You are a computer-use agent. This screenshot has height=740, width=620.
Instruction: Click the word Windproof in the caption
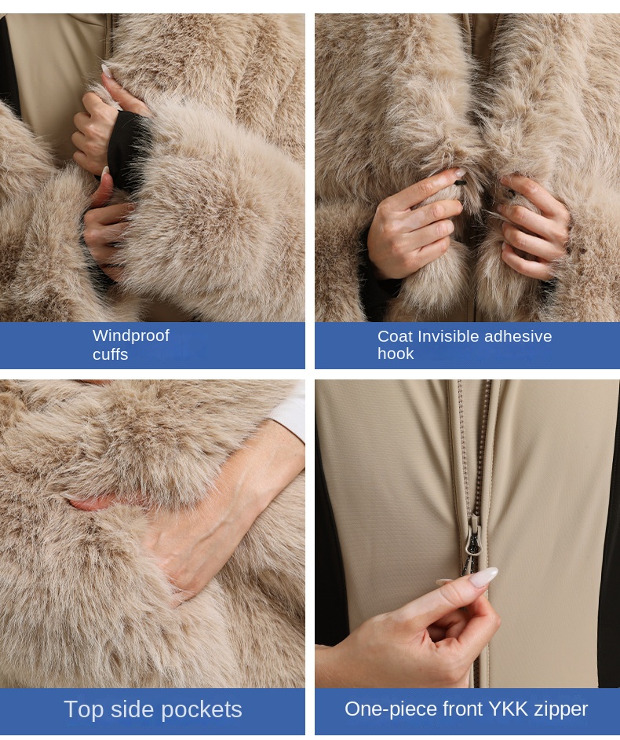pos(130,335)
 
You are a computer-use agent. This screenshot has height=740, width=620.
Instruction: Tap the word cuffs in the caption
pos(110,354)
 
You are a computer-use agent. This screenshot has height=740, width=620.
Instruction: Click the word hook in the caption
pos(395,354)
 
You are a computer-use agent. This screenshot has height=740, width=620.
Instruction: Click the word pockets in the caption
pos(202,709)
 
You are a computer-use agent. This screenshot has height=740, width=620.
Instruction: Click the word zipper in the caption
pos(560,709)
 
